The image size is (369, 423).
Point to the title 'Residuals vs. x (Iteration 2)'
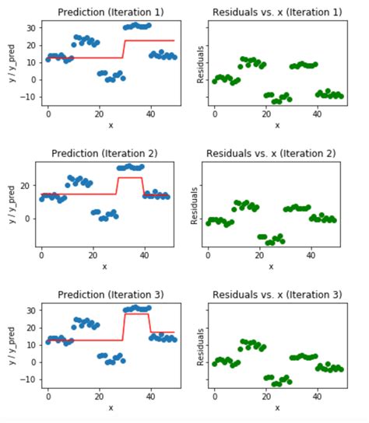point(270,153)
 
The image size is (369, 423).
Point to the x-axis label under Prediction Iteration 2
point(104,267)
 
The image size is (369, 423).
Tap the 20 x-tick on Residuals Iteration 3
point(265,396)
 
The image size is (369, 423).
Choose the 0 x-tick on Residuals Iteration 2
point(207,254)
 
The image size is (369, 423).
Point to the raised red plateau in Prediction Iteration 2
point(130,178)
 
